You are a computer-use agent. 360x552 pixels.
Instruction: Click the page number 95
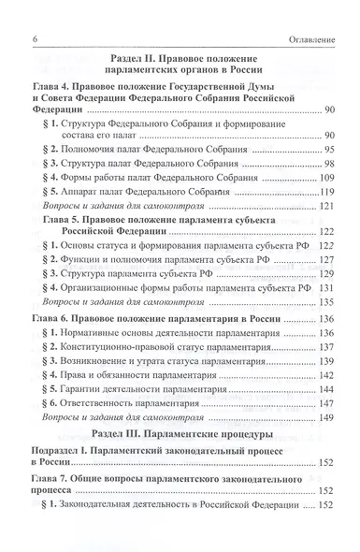(x=329, y=150)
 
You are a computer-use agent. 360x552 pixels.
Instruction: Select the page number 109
(x=326, y=178)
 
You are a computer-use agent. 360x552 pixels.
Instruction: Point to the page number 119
(x=326, y=193)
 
